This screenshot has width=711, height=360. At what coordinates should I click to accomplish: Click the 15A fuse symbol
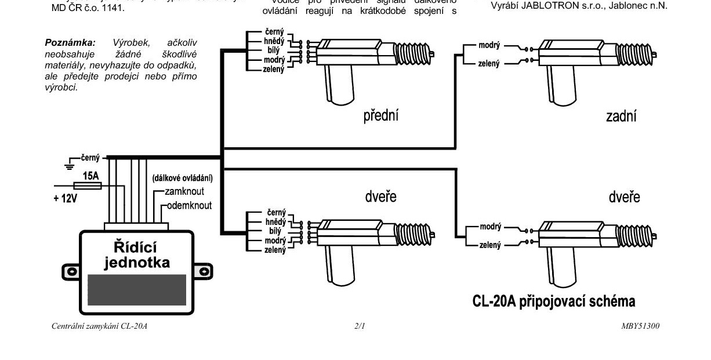coord(92,186)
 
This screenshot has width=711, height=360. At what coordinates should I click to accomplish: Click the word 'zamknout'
coord(184,191)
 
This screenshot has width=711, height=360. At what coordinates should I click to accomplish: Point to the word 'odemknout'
coord(189,205)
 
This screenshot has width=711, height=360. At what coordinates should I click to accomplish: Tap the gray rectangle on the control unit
coord(137,290)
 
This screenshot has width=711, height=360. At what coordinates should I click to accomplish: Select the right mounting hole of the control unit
coord(204,271)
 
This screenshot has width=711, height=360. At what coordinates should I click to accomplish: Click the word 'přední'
coord(380,115)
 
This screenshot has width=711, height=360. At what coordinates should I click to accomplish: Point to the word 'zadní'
coord(621,116)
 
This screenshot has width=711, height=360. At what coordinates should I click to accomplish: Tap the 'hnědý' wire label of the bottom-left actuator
coord(275,222)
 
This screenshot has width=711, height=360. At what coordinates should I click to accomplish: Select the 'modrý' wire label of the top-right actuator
coord(489,45)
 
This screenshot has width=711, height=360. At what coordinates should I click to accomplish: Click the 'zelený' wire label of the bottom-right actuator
coord(489,245)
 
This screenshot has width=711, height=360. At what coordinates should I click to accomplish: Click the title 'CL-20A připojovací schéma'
coord(554,301)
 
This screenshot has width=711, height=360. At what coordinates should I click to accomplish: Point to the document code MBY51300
coord(640,326)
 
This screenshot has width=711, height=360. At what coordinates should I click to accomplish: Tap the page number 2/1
coord(360,326)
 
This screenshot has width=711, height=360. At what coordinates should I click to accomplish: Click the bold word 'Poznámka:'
coord(70,43)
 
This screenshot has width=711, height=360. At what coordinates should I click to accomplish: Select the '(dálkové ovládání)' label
coord(182,178)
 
